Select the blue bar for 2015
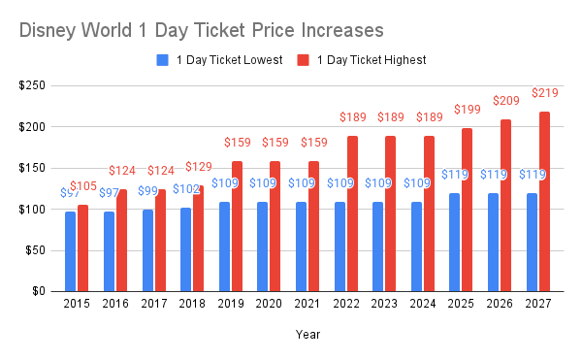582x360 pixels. [70, 250]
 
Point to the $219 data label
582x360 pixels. [545, 93]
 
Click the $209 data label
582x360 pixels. [506, 101]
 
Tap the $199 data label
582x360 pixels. [469, 110]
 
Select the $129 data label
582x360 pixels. [199, 167]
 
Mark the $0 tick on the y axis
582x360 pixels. [40, 291]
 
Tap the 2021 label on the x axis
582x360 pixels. [307, 305]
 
